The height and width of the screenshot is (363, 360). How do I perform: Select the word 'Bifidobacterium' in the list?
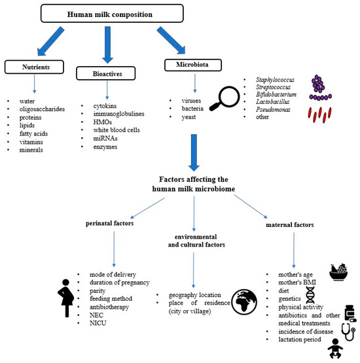[270, 95]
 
